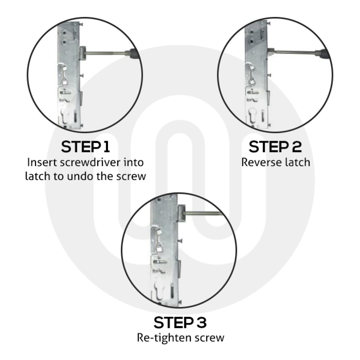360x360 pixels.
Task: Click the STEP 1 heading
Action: (86, 147)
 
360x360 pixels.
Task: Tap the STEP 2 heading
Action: (275, 147)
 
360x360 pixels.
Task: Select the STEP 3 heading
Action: (180, 322)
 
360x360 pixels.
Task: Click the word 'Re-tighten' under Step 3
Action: (160, 338)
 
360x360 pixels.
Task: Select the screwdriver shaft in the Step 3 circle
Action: (203, 215)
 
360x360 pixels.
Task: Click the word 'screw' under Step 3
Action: (212, 338)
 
